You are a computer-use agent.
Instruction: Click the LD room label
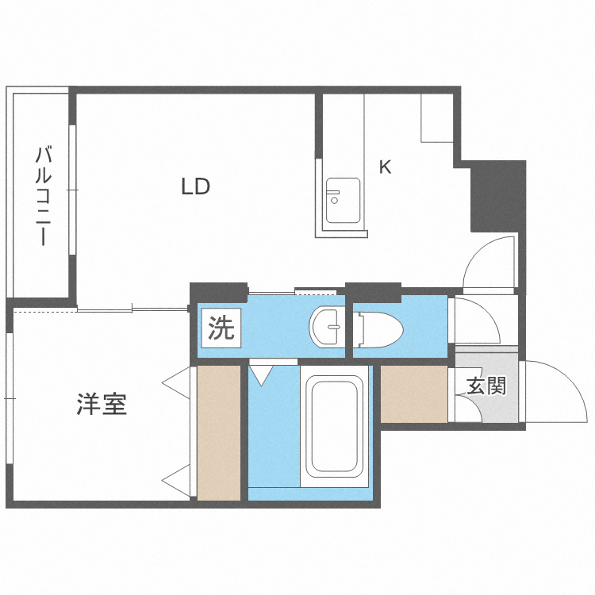pos(195,187)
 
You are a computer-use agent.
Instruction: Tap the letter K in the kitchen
pos(385,167)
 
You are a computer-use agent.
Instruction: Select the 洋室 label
pos(102,405)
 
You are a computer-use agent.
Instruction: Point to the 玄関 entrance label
pos(486,386)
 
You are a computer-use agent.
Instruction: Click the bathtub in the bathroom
pos(336,428)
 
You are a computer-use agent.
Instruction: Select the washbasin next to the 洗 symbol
pos(326,326)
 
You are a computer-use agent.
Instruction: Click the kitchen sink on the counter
pos(343,201)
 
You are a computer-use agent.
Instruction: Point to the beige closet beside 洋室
pos(218,432)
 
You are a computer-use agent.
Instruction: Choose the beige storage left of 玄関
pos(413,393)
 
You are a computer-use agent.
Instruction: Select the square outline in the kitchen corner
pos(436,118)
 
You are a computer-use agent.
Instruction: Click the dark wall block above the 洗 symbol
pos(219,292)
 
